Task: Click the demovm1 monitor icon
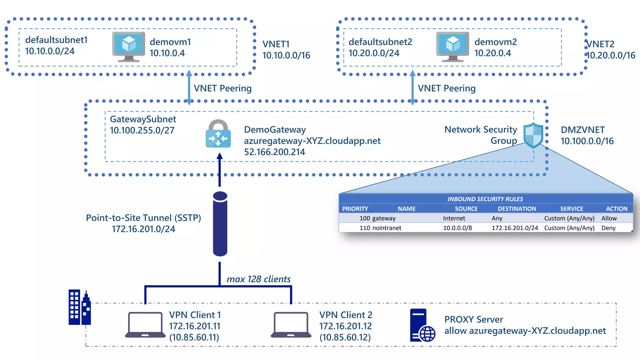128,47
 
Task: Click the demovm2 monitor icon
452,47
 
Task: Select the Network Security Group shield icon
533,135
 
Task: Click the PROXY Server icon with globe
422,325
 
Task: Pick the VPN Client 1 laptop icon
145,325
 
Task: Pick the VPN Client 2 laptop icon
291,325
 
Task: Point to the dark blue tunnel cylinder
220,224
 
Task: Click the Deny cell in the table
608,228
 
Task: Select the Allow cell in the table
609,218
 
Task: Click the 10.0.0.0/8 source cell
457,228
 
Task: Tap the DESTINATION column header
517,208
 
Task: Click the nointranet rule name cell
387,228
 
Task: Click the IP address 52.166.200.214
274,152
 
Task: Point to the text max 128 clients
258,279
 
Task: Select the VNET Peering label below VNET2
447,88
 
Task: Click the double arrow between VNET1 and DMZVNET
189,87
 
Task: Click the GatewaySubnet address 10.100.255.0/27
142,130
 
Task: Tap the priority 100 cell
364,218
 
